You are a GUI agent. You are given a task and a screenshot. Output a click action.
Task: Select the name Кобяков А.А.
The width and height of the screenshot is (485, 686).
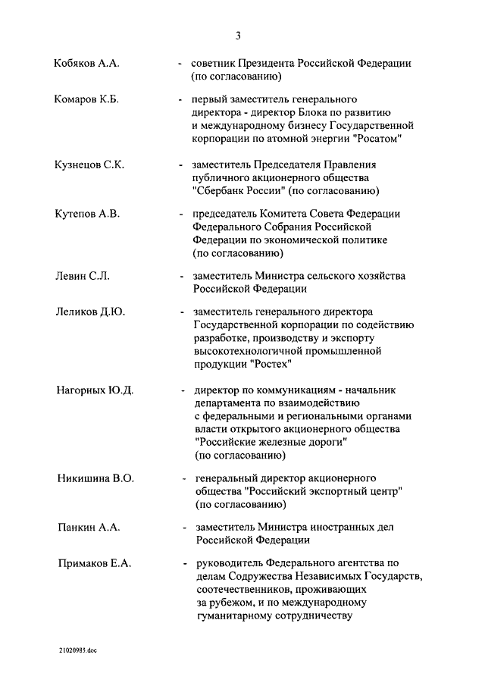click(x=86, y=64)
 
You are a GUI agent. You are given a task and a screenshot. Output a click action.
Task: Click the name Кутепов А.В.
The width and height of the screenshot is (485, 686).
click(x=88, y=214)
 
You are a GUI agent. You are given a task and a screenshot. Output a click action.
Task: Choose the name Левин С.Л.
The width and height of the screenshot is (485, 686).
click(x=83, y=276)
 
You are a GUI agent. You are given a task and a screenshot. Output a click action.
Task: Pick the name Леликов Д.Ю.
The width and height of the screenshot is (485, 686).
click(x=90, y=312)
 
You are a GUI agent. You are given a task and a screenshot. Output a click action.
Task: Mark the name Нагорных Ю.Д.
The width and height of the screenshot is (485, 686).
click(x=95, y=390)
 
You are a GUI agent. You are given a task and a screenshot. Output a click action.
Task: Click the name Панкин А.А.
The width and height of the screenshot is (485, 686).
click(x=89, y=527)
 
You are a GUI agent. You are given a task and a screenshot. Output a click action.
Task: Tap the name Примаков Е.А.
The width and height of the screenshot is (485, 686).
click(x=95, y=563)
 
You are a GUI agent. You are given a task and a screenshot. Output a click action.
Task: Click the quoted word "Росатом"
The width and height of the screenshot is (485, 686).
click(x=374, y=140)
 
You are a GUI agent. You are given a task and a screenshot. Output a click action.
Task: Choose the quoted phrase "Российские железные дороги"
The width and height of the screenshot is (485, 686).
click(x=271, y=442)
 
